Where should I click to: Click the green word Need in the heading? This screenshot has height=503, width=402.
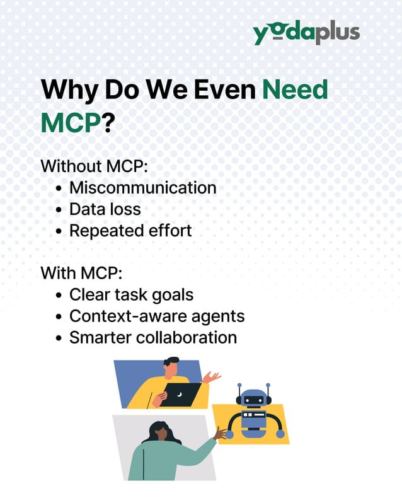click(x=296, y=90)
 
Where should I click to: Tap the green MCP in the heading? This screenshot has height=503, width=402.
click(x=71, y=122)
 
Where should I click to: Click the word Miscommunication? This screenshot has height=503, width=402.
click(x=142, y=188)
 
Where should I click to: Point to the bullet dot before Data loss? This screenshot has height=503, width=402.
click(x=59, y=210)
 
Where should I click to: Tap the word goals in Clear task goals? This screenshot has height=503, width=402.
click(x=170, y=295)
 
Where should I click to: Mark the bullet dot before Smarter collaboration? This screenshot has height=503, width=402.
click(x=59, y=338)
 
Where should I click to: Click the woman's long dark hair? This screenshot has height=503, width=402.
click(x=155, y=434)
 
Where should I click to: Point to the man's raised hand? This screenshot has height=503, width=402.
click(x=212, y=377)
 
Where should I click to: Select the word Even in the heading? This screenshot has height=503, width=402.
click(x=224, y=90)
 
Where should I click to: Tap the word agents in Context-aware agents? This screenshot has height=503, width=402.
click(x=220, y=316)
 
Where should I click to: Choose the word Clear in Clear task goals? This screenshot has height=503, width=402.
click(x=88, y=295)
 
